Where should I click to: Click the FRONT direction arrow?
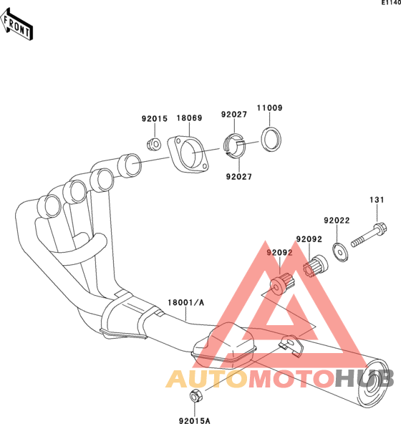coord(16,24)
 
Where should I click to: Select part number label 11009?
coord(269,108)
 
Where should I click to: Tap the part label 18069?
coord(189,118)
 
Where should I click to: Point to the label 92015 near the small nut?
coord(155,119)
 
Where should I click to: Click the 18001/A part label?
coord(185,302)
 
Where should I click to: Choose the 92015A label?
coord(195,420)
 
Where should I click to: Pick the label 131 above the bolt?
coord(377,200)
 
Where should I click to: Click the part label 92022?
coord(337,221)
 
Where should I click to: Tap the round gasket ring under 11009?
coord(271,139)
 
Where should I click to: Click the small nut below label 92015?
coord(154,144)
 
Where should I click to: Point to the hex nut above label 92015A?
coord(195,396)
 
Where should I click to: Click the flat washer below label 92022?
coord(340,252)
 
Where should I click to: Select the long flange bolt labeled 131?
coord(369,234)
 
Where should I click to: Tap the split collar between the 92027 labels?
coord(234,146)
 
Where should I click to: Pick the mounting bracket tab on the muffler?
coord(291,345)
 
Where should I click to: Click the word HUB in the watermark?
coord(364,379)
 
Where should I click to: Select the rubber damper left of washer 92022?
coord(315,266)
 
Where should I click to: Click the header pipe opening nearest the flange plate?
coord(130,165)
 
